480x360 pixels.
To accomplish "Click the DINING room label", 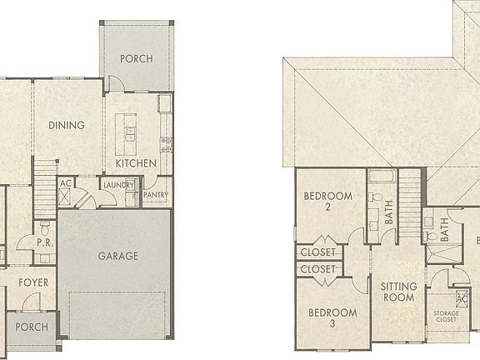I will point(66,126).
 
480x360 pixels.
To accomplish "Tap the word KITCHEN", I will point(135,163).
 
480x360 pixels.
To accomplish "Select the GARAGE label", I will point(117,256).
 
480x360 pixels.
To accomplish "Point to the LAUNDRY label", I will point(118,186).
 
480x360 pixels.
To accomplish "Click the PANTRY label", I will point(156,195).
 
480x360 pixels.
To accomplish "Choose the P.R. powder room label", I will point(45,242).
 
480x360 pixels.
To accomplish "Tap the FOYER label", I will point(33,282).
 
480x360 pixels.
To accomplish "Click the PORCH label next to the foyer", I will point(32,327).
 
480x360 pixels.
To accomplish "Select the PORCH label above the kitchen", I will point(134,59).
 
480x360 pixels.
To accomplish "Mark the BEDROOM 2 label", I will point(327,201).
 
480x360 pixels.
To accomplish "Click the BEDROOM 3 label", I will point(332,317).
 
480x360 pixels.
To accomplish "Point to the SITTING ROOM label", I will point(398,292).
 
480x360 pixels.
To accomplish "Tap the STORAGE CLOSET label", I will point(446,317).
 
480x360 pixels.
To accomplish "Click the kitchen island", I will point(129,130).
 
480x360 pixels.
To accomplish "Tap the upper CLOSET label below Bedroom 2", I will point(317,252).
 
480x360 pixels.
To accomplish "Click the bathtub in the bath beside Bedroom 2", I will point(382,177).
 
